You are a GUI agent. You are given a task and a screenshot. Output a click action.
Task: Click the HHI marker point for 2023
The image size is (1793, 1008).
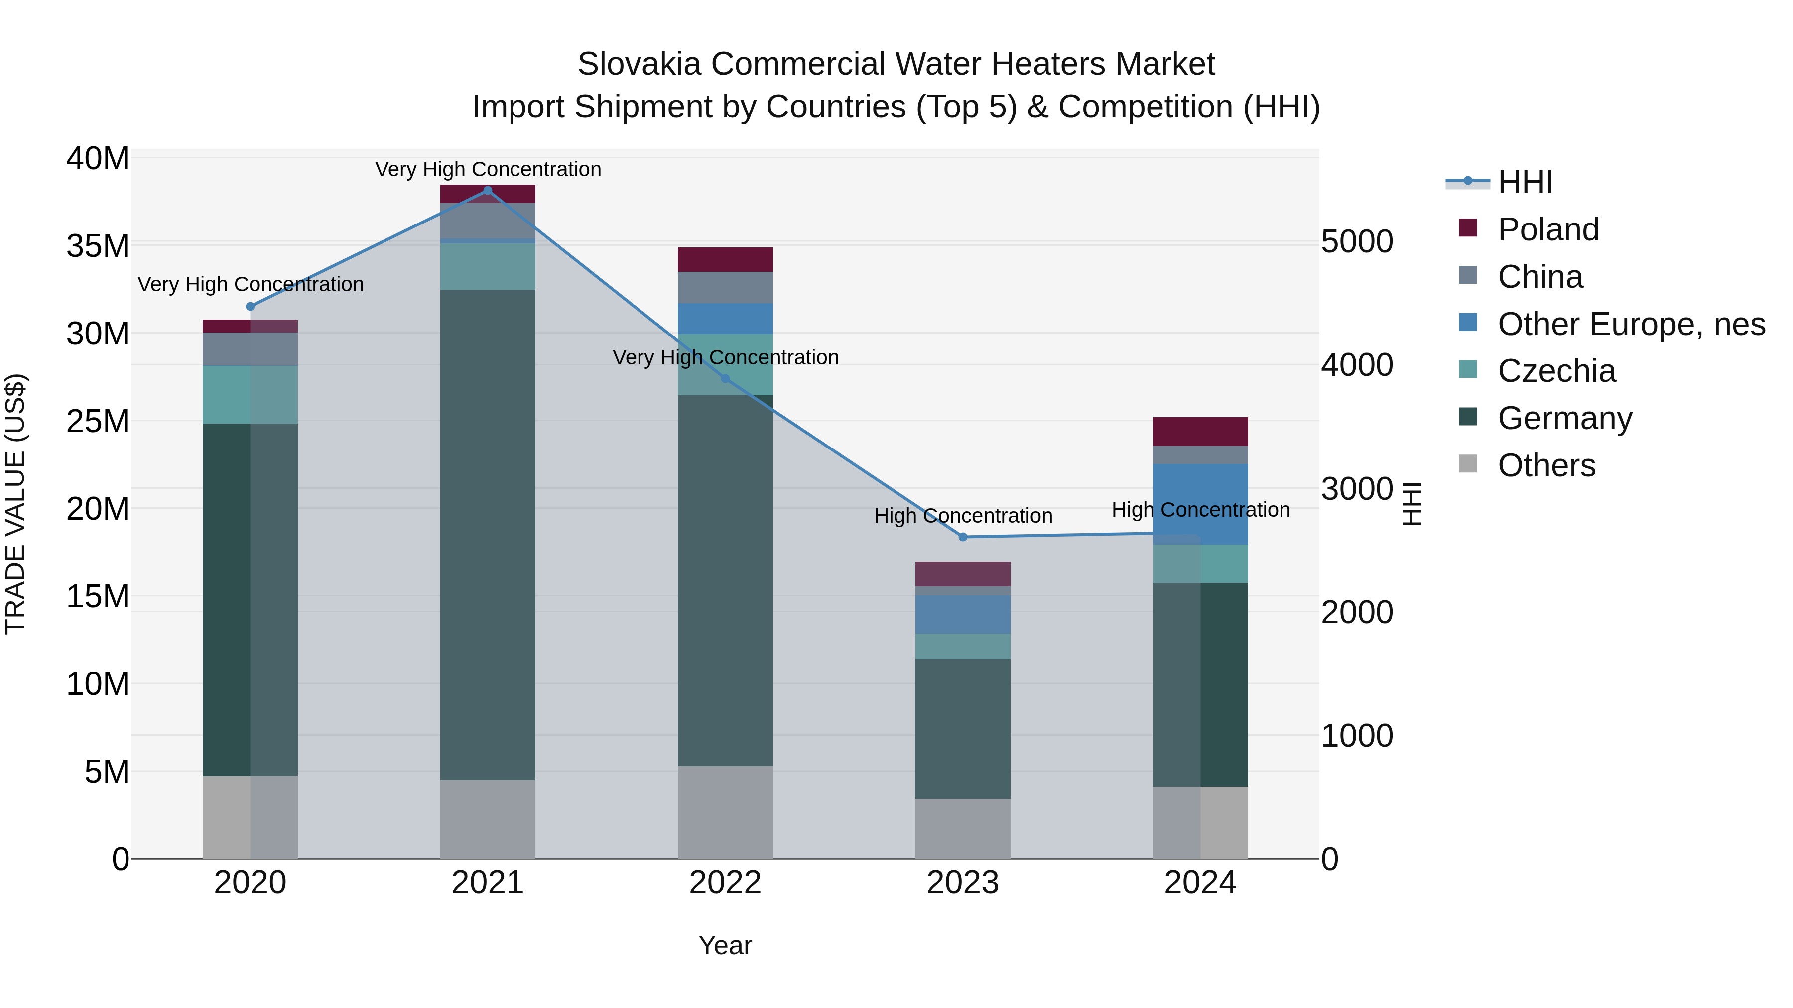pos(963,537)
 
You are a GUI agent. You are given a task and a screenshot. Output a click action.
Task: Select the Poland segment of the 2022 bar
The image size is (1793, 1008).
pos(725,259)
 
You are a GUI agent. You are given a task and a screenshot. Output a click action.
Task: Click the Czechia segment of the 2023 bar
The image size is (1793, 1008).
pos(963,646)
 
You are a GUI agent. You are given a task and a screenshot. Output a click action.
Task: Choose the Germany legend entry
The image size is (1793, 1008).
pos(1565,418)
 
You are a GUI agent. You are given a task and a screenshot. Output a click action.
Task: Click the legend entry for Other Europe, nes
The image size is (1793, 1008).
pos(1631,324)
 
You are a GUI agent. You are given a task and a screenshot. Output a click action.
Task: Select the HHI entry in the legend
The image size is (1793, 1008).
pos(1525,182)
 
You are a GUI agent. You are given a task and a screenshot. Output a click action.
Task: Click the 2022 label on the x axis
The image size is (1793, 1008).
pos(725,883)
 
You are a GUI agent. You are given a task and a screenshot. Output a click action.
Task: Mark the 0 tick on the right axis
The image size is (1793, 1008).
pos(1329,859)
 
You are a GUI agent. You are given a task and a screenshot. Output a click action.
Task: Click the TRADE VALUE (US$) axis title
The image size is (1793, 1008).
pos(15,504)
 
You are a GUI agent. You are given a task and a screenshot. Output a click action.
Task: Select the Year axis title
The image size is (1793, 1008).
pos(725,945)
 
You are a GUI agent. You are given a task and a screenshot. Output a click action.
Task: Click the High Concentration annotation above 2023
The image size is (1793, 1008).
pos(963,516)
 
